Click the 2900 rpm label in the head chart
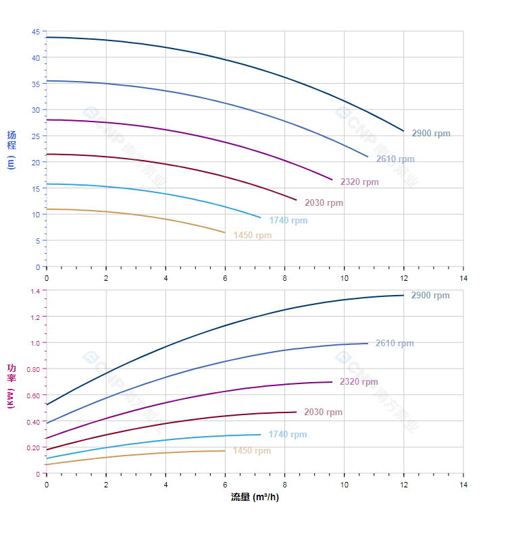point(431,134)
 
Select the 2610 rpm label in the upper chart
point(395,159)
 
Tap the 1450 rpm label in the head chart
point(253,236)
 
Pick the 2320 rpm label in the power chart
point(359,382)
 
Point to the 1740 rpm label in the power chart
point(287,435)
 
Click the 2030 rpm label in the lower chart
point(323,412)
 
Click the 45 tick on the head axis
point(36,32)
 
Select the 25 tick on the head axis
point(36,136)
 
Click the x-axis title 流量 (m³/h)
point(255,497)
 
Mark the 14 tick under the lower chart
point(463,485)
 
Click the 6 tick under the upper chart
point(225,278)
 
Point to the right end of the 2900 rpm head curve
point(403,131)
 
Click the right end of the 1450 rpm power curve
point(225,451)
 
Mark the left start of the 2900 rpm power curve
point(47,404)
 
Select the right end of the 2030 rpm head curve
point(296,200)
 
